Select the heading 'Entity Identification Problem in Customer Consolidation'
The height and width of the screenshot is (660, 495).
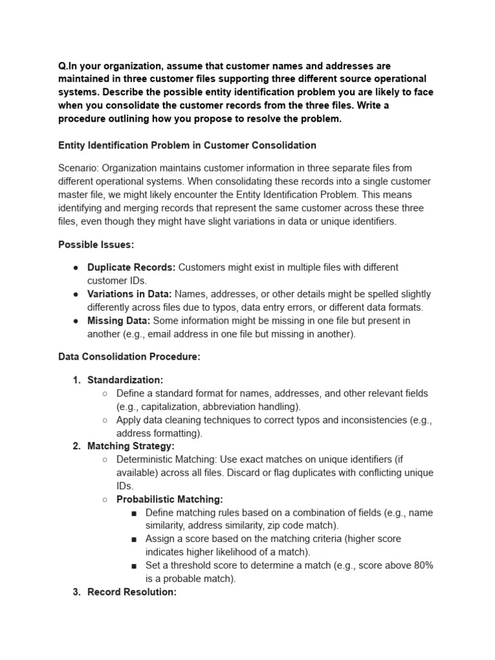tap(187, 145)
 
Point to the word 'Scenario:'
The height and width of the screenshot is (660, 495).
tap(78, 168)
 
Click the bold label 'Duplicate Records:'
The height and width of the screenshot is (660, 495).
tap(131, 267)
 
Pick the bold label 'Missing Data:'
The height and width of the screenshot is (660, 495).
tap(119, 320)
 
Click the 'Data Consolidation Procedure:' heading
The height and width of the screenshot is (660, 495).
tap(129, 356)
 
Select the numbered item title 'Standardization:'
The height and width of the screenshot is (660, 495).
tap(125, 380)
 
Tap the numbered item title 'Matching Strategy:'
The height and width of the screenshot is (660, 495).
tap(131, 446)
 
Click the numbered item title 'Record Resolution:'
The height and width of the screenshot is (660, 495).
tap(131, 592)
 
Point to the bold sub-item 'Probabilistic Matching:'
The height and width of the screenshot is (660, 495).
tap(170, 499)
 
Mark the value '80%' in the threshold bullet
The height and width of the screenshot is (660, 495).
tap(422, 565)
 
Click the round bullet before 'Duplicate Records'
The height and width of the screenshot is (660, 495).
tap(76, 267)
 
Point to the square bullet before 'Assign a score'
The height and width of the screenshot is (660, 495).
tap(133, 539)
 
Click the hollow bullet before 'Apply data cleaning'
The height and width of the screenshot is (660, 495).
tap(105, 420)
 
